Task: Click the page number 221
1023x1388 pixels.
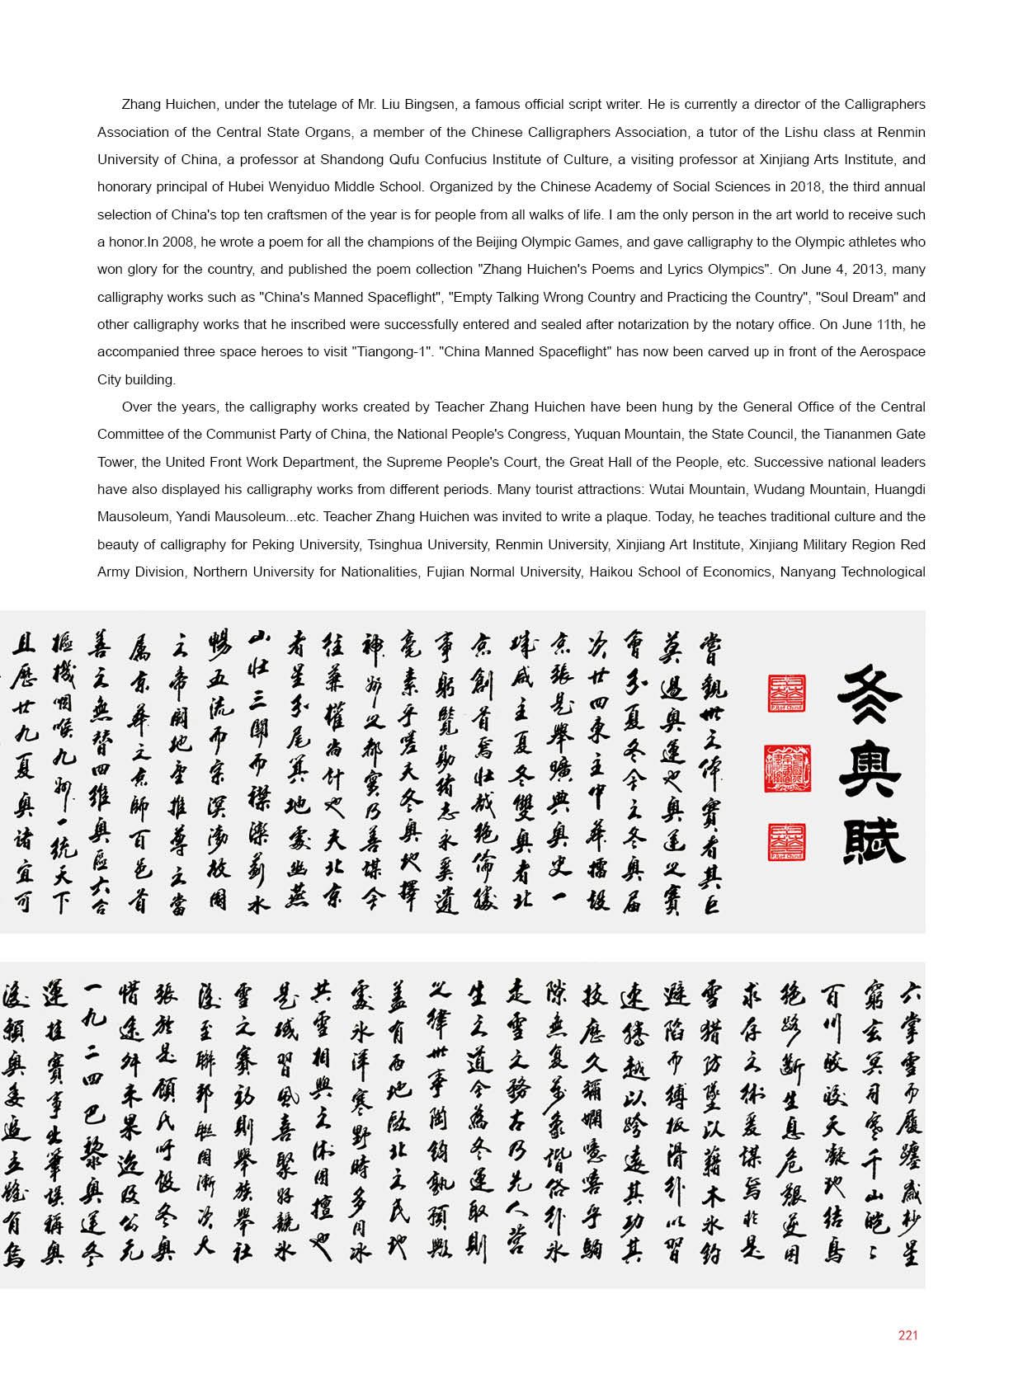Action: pos(907,1335)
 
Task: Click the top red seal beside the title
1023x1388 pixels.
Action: pos(786,694)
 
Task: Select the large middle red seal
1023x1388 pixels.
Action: pos(787,769)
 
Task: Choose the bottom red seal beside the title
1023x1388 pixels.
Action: pos(786,842)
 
